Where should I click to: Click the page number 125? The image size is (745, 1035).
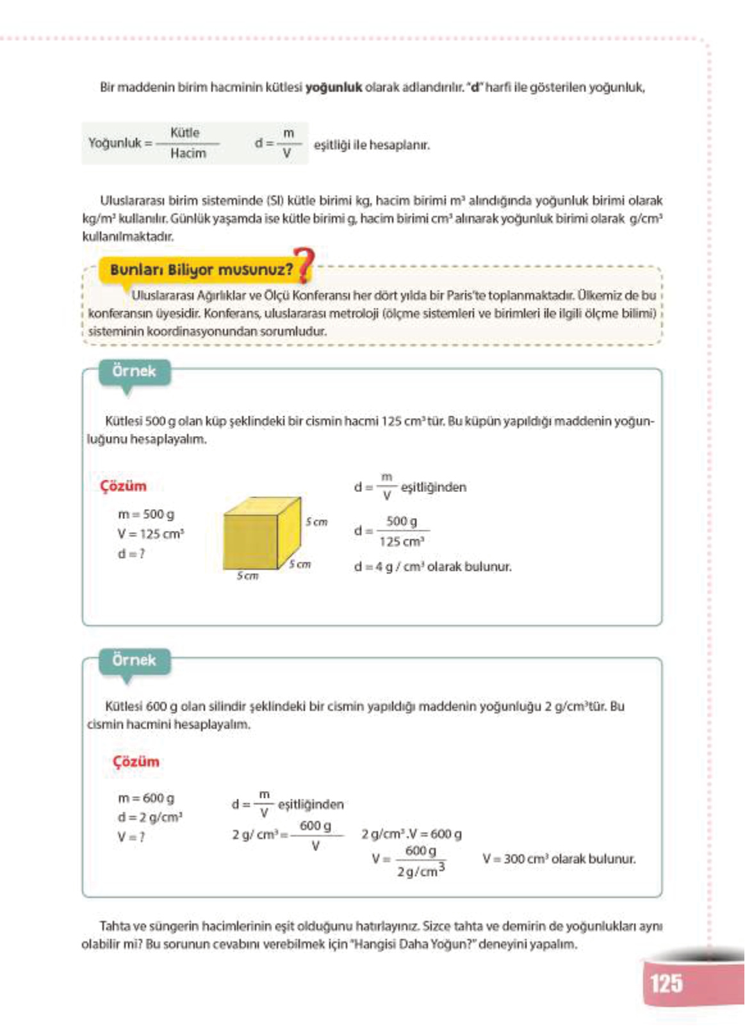(x=666, y=984)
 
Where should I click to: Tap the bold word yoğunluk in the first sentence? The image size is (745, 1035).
(x=333, y=87)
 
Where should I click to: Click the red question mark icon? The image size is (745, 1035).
(x=304, y=265)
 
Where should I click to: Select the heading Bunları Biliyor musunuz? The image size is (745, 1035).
(x=201, y=270)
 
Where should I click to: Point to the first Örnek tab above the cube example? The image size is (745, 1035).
(x=134, y=371)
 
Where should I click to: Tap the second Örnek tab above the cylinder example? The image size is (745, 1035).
(x=134, y=660)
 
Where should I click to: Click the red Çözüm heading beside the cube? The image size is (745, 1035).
(x=123, y=486)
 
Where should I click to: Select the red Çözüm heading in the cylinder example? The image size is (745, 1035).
(x=136, y=762)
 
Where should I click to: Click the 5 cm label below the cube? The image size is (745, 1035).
(x=247, y=576)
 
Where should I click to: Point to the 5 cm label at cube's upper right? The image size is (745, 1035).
(x=316, y=522)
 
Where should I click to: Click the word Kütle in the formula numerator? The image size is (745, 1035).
(x=185, y=133)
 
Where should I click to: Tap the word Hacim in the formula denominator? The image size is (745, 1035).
(x=188, y=154)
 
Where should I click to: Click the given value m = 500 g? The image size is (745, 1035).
(x=146, y=514)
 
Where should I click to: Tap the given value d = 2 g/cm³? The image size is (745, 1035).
(x=150, y=817)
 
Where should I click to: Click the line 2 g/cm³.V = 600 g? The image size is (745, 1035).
(x=411, y=835)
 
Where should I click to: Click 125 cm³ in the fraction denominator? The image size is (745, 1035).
(x=402, y=542)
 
